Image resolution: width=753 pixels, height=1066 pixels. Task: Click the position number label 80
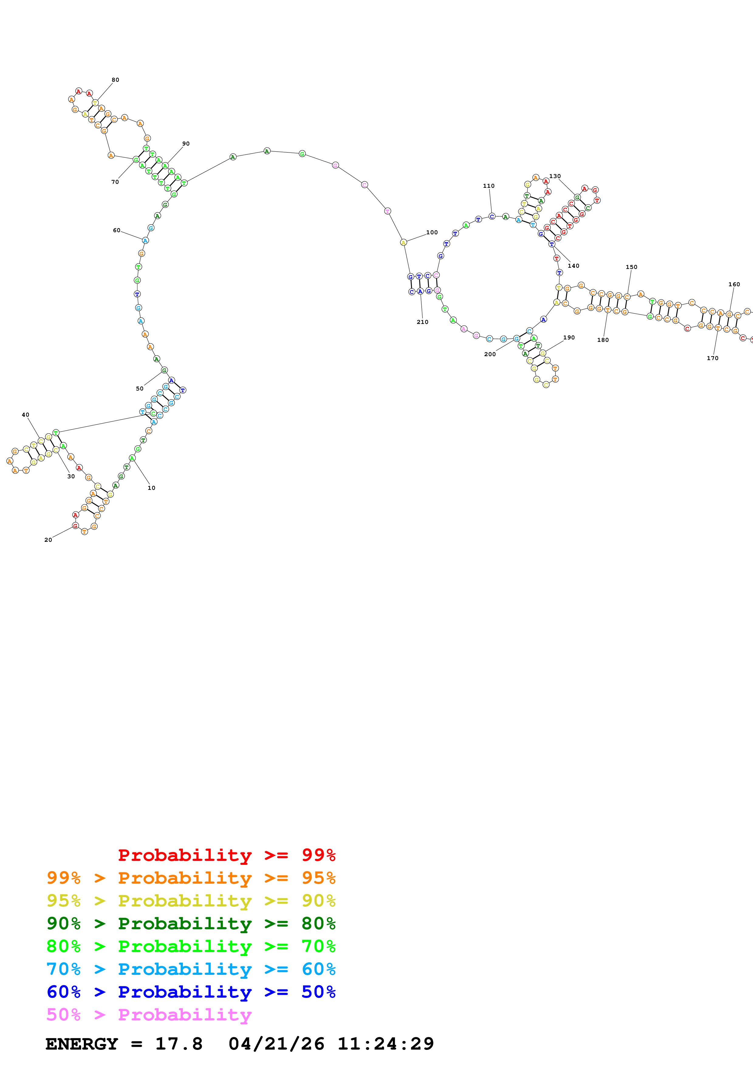pos(115,80)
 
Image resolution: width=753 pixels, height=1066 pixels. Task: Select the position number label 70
pos(115,182)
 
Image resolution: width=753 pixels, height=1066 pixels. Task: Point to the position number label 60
pos(116,230)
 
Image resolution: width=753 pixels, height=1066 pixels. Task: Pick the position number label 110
pos(488,186)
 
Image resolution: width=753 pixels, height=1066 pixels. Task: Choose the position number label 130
pos(555,177)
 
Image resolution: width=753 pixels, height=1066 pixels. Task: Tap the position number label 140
pos(573,266)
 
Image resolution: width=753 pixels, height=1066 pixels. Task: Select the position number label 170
pos(713,358)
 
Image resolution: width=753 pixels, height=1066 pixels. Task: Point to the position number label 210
pos(422,322)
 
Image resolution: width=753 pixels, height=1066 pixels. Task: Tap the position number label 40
pos(26,414)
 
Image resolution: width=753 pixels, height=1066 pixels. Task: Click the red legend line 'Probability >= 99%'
pos(226,855)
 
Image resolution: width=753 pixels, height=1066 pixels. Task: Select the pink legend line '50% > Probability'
pos(149,1014)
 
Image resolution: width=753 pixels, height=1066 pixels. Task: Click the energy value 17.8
pos(179,1044)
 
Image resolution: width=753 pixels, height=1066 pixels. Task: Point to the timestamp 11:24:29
pos(385,1044)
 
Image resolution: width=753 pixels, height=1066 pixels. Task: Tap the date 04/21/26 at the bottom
pos(276,1044)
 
